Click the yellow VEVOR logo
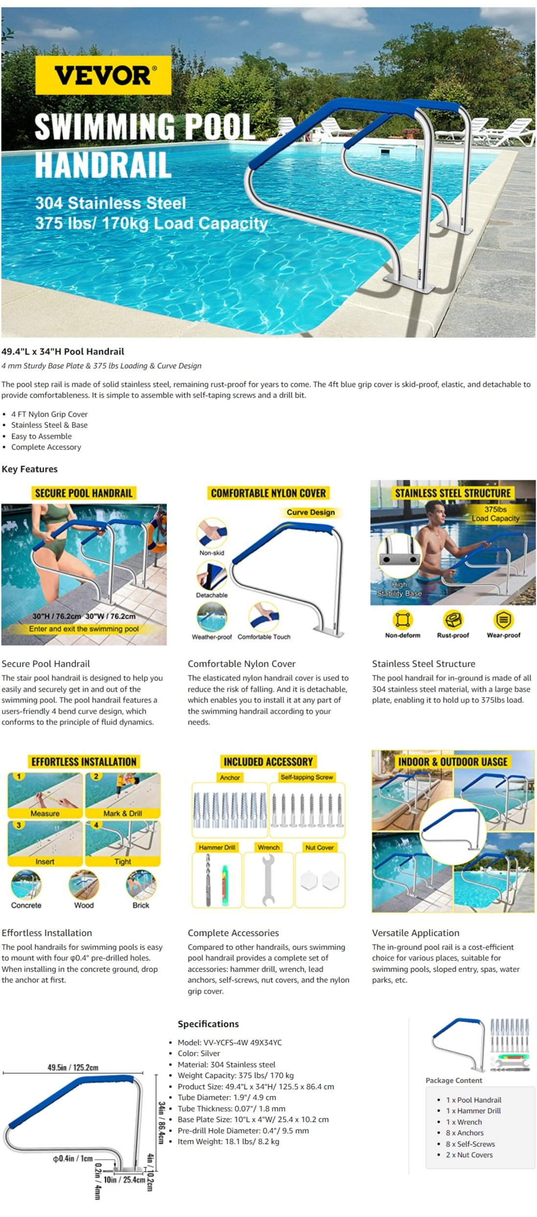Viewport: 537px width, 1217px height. [x=103, y=75]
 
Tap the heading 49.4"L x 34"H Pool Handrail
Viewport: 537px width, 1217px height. [x=63, y=351]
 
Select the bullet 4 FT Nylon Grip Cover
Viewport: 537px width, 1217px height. [x=49, y=414]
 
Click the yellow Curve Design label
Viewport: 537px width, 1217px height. [x=310, y=512]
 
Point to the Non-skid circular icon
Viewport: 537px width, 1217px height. [x=212, y=533]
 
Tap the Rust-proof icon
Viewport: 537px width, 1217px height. [x=453, y=620]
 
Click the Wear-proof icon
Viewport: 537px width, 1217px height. [x=503, y=620]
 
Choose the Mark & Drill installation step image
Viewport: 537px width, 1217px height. [x=123, y=795]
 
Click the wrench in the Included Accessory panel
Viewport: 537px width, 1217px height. [x=268, y=879]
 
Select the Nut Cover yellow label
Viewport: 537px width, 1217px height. [x=319, y=847]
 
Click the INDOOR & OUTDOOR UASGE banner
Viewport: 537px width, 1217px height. [x=453, y=762]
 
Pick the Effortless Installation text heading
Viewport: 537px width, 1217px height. [x=47, y=933]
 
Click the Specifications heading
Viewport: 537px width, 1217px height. [x=208, y=1024]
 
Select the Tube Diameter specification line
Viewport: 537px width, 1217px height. [x=227, y=1097]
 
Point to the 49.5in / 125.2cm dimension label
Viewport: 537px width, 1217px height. [x=73, y=1067]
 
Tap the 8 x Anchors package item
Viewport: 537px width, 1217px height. [x=464, y=1133]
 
